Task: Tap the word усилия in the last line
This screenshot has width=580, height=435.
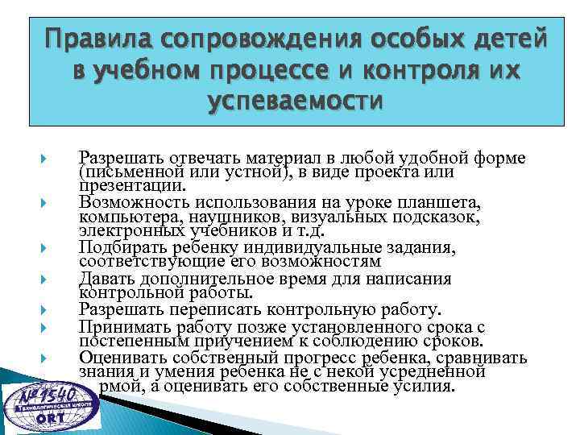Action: point(427,386)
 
